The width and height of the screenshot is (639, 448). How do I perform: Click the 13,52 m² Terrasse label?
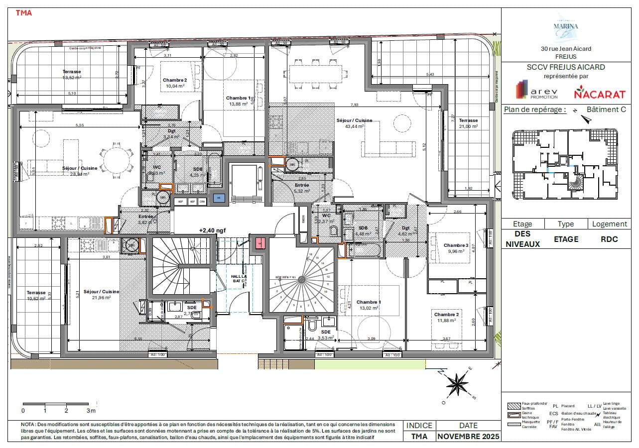(x=72, y=75)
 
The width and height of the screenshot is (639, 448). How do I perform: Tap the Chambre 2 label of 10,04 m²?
(x=174, y=83)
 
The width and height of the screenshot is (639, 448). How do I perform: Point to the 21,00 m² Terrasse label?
(x=468, y=123)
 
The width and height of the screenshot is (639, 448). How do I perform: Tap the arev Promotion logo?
(x=537, y=91)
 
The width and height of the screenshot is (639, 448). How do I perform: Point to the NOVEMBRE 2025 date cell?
(x=468, y=437)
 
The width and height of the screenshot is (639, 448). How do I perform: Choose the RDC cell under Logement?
(x=609, y=239)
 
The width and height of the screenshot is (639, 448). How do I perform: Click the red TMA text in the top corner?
(x=24, y=13)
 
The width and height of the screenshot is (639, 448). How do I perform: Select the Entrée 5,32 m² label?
(x=302, y=188)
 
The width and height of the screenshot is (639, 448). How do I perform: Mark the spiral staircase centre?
(x=301, y=280)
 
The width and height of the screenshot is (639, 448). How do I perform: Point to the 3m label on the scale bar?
(x=90, y=411)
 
